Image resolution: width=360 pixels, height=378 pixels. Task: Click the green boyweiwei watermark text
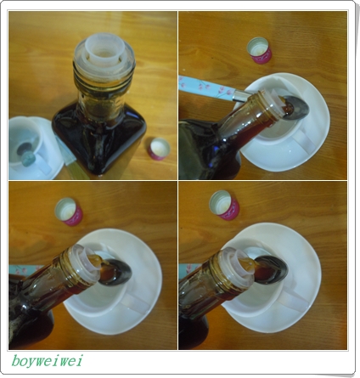click(x=47, y=361)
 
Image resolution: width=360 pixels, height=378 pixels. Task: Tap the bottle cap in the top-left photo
click(x=158, y=150)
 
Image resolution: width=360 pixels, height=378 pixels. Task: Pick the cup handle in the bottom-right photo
click(x=293, y=299)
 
